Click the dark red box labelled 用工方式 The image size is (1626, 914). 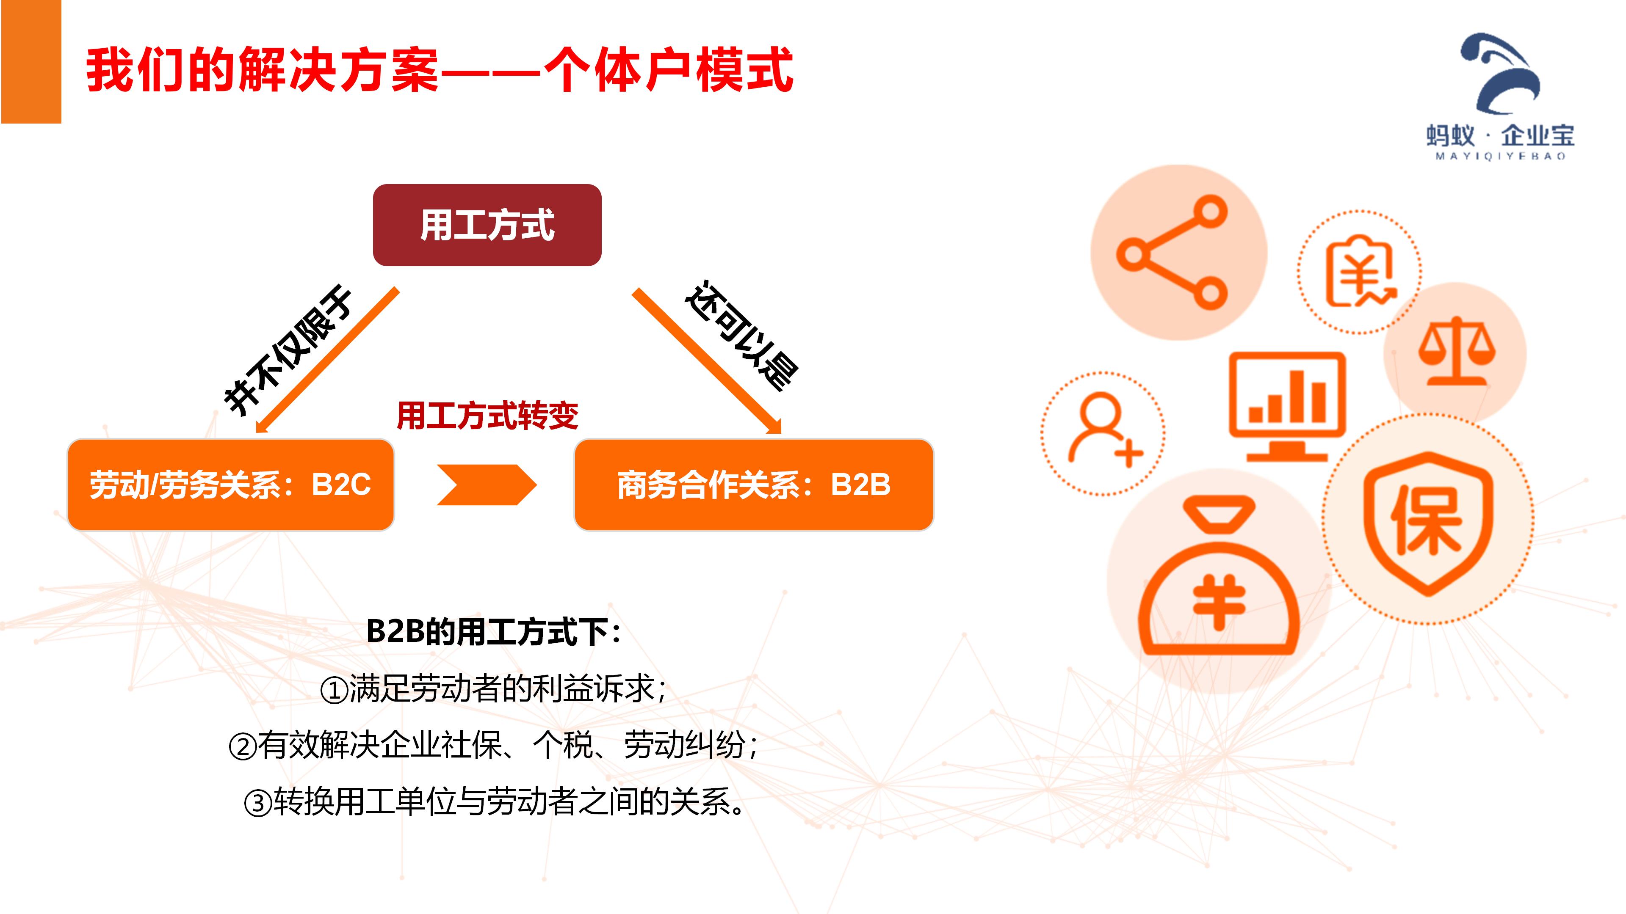tap(487, 225)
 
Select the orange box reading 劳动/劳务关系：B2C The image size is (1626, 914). tap(230, 485)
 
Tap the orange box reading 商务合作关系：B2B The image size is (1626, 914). tap(754, 485)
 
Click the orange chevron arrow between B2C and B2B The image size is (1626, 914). tap(487, 485)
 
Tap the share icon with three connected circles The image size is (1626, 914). tap(1172, 252)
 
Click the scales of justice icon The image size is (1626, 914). tap(1457, 351)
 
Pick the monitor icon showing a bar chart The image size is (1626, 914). tap(1288, 406)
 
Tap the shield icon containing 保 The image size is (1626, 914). tap(1428, 523)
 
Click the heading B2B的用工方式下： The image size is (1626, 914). tap(494, 631)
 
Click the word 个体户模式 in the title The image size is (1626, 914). tap(669, 70)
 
